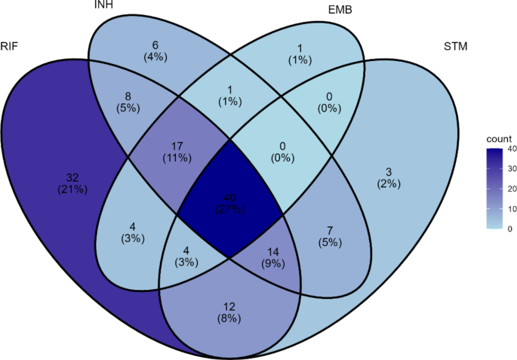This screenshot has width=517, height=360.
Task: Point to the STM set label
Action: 457,48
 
